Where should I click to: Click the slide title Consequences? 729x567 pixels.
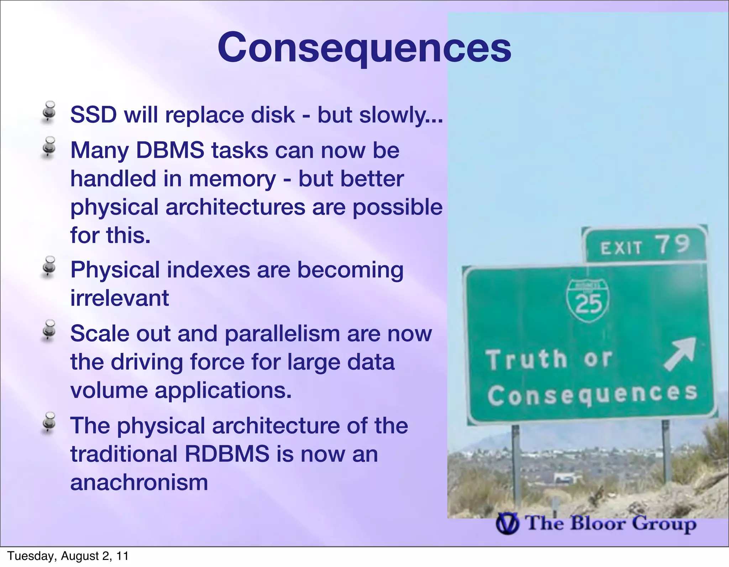(x=364, y=48)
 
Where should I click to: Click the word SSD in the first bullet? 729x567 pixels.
(x=94, y=115)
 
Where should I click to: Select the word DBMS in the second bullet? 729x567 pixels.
(x=170, y=150)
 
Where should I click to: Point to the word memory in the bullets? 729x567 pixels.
(x=232, y=179)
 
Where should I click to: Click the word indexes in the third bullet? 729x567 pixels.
(x=208, y=270)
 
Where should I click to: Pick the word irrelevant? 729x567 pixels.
(x=119, y=298)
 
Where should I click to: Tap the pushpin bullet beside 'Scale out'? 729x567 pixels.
(x=49, y=330)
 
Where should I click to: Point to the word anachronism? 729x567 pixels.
(x=139, y=483)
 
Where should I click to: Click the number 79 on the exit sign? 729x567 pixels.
(x=673, y=245)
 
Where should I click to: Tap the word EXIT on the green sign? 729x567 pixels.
(x=621, y=248)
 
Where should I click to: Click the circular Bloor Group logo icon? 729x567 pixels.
(x=507, y=525)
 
